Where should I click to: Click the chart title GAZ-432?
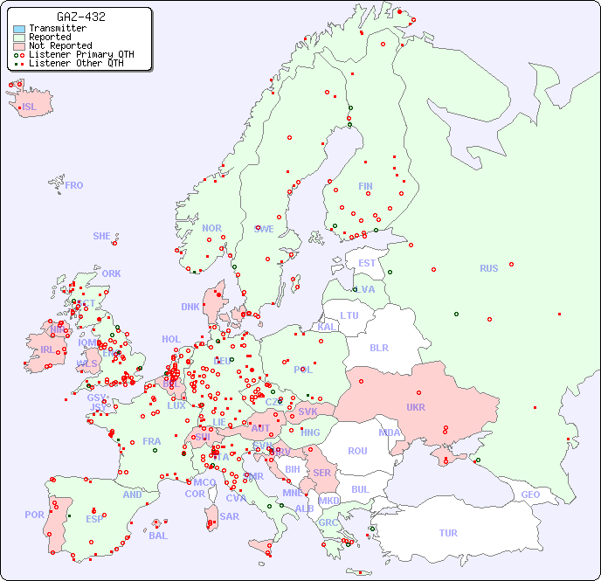pos(82,17)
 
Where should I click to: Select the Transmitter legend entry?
pos(57,28)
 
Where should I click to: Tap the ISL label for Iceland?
pos(29,107)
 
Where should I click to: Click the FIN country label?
pos(365,186)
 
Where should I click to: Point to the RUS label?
pos(488,268)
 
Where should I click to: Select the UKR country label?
pos(416,407)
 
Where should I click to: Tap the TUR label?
pos(448,533)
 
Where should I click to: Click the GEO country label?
pos(530,495)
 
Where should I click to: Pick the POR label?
pos(34,515)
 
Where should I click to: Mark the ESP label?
pos(94,519)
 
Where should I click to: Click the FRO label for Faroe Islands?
pos(74,185)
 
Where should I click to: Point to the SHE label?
pos(101,236)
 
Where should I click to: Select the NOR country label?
pos(211,228)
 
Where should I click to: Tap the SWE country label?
pos(264,229)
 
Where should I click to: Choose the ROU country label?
pos(357,451)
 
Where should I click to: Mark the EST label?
pos(367,263)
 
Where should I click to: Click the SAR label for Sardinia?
pos(229,516)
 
